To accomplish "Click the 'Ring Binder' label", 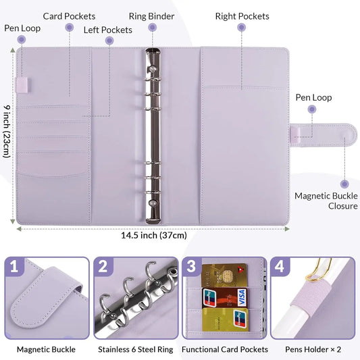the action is click(151, 16).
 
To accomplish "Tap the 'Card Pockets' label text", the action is click(69, 16).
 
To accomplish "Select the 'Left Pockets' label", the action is click(108, 30).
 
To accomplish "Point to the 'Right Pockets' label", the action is click(242, 16).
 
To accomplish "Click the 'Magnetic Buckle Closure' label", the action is click(326, 201).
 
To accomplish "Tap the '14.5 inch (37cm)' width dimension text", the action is click(154, 235).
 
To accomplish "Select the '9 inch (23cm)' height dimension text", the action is click(7, 132).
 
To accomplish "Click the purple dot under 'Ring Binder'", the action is click(153, 28).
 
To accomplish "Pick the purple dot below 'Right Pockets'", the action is click(242, 28).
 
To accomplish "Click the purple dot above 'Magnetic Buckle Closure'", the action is click(344, 184).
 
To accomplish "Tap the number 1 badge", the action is click(14, 267).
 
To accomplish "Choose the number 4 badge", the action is click(280, 267).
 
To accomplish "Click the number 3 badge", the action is click(191, 266).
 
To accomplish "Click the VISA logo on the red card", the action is click(241, 298).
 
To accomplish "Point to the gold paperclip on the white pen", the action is click(318, 271).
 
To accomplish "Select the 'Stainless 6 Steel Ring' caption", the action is click(136, 349).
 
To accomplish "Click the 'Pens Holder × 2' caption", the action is click(313, 349).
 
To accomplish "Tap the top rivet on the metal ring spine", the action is click(152, 69).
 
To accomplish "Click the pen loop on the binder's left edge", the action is click(22, 85).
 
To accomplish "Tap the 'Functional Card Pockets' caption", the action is click(225, 349).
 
